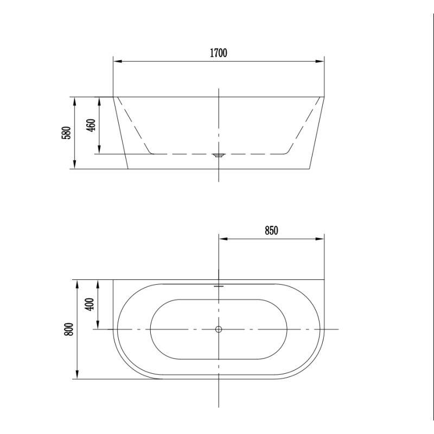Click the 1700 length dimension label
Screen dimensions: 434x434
pos(219,53)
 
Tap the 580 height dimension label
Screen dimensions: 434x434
pos(67,132)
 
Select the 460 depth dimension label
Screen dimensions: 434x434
pos(91,125)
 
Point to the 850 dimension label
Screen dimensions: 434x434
pos(271,230)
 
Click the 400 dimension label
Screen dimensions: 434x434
pos(90,304)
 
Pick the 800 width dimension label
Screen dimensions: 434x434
pos(69,329)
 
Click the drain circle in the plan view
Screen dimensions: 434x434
pos(219,329)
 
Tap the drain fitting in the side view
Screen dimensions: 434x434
pos(219,155)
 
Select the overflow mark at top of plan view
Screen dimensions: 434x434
pos(219,286)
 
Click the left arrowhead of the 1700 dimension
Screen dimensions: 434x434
pos(118,61)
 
